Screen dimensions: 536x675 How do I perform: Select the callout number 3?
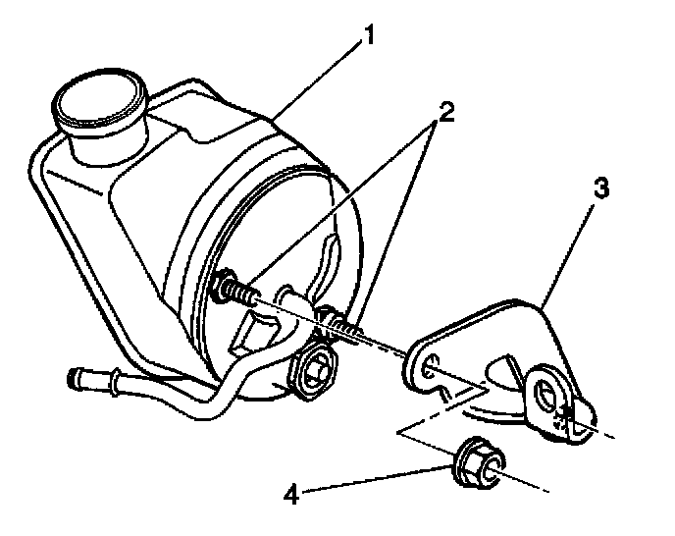click(x=600, y=188)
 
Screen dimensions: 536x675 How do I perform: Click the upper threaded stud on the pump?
click(x=234, y=290)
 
